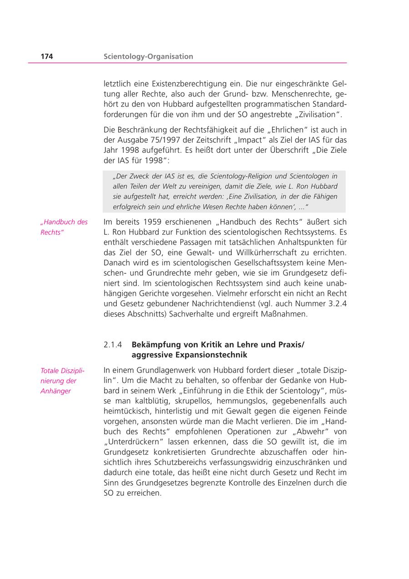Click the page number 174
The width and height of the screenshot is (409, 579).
click(x=47, y=56)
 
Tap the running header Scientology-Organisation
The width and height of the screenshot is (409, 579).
click(x=148, y=56)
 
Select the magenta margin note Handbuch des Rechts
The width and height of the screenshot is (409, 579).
click(x=64, y=227)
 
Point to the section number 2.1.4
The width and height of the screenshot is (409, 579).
click(x=113, y=345)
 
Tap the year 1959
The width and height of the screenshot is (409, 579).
click(x=152, y=222)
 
